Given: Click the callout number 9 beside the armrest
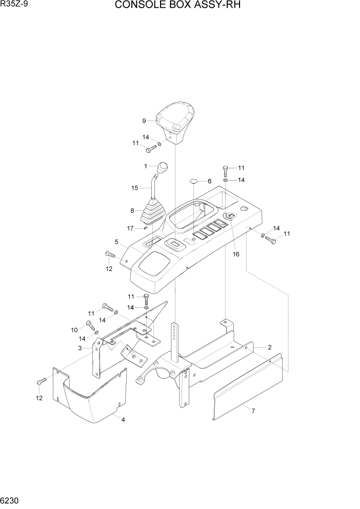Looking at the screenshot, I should tap(144, 121).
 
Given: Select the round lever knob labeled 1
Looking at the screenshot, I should tap(163, 167).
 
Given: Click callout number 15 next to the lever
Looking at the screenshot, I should tap(135, 188).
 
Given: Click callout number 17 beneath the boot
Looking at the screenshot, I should tap(131, 228).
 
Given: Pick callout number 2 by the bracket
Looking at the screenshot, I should tap(269, 347).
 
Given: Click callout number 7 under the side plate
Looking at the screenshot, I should tap(252, 410).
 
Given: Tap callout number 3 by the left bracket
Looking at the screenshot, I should tap(80, 348).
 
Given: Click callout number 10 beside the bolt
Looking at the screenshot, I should tap(74, 329).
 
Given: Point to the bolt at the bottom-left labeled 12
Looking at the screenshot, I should tap(42, 381).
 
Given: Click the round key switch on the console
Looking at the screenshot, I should tap(231, 216).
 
